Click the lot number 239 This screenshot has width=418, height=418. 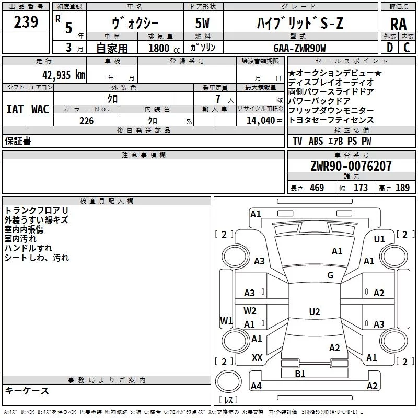click(26, 22)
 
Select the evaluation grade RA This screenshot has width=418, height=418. click(399, 24)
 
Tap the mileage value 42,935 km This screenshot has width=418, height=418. click(63, 75)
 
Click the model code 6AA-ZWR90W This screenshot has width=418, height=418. click(299, 48)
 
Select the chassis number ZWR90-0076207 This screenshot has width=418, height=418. click(351, 166)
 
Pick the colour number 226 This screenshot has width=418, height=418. click(87, 121)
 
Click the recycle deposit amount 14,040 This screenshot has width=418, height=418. click(261, 121)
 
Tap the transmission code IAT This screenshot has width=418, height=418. click(15, 109)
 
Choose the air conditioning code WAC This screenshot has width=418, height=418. click(40, 109)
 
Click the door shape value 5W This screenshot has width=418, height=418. click(202, 23)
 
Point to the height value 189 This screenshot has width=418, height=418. click(402, 188)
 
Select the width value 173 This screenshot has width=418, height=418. click(361, 188)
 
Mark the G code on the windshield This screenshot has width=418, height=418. click(330, 275)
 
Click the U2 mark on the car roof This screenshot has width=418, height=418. click(315, 311)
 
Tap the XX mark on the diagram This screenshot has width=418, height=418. click(257, 358)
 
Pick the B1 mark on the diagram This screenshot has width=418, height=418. click(300, 374)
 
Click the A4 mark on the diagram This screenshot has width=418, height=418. click(256, 386)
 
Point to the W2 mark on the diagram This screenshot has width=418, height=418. click(250, 310)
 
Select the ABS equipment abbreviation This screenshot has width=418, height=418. click(316, 141)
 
